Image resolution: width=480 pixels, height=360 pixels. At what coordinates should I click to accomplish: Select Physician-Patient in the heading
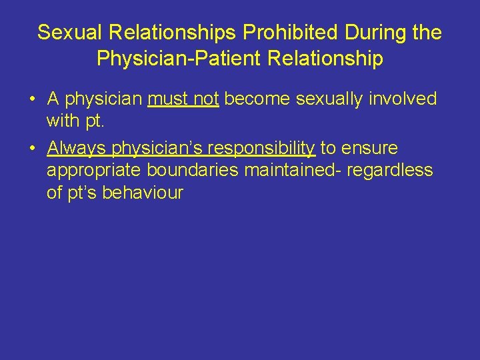pos(179,59)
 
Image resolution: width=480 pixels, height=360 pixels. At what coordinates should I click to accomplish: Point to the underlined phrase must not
pos(183,99)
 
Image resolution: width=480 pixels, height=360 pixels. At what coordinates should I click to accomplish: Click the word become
pos(258,99)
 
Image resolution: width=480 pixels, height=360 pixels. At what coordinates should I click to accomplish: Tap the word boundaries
pos(193,170)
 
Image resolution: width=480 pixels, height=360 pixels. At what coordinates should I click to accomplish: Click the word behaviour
pos(143,193)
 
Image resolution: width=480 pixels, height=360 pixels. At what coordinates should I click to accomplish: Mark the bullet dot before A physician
pos(31,100)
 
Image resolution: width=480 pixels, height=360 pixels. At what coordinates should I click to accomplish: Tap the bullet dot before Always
pos(31,148)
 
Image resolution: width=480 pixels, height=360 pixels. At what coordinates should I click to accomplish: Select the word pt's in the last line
pos(83,194)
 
